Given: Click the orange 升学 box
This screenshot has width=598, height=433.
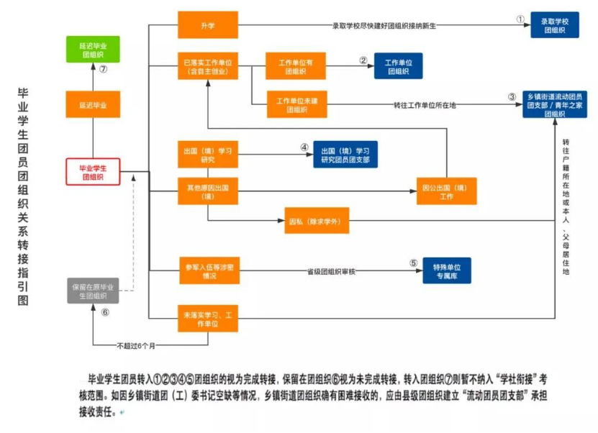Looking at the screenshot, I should click(x=208, y=26).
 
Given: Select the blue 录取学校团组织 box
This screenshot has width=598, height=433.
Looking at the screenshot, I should click(x=554, y=25).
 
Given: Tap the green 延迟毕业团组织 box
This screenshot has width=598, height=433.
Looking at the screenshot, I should click(x=93, y=49).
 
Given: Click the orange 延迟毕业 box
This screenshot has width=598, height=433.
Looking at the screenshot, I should click(x=93, y=105).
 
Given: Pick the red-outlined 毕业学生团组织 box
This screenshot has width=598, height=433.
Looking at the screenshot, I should click(x=93, y=171).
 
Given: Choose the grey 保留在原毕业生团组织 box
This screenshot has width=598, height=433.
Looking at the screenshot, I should click(x=93, y=291).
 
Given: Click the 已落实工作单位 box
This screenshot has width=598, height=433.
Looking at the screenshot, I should click(x=208, y=66).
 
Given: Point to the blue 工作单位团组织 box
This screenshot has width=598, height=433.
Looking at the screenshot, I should click(x=398, y=66).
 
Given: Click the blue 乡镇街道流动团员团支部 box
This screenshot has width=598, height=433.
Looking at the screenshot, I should click(x=554, y=105).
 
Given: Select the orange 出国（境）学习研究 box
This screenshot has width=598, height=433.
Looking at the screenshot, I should click(x=208, y=155).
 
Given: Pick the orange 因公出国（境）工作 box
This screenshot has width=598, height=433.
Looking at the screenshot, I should click(x=446, y=191).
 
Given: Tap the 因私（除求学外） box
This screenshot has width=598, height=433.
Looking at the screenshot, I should click(x=317, y=219).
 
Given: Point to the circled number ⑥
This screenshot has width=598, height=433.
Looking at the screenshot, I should click(x=105, y=312).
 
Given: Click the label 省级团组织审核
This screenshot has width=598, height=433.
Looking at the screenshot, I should click(x=332, y=270).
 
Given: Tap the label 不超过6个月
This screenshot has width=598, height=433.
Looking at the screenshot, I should click(x=137, y=346).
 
